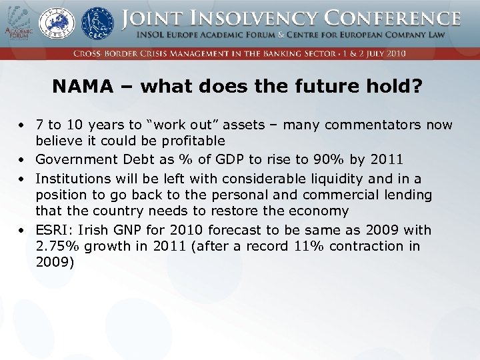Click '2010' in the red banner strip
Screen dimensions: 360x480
[393, 53]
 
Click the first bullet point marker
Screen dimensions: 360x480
[22, 125]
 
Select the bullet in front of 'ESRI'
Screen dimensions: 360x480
[22, 231]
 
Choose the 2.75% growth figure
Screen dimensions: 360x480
[58, 247]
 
